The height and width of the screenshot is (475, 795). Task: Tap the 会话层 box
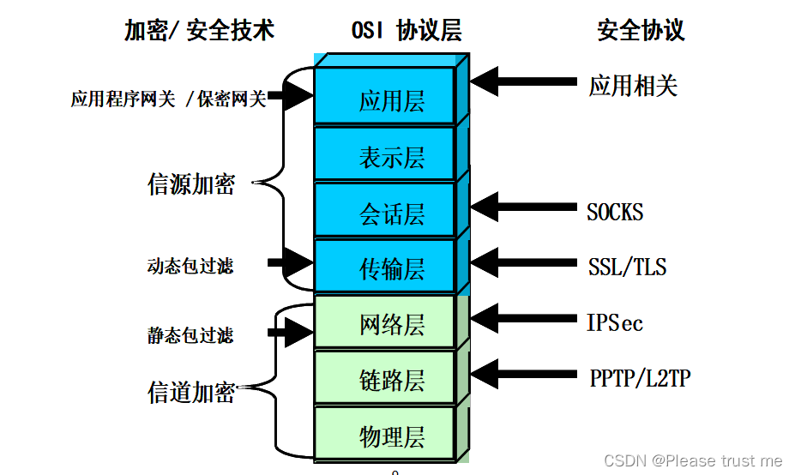tap(391, 211)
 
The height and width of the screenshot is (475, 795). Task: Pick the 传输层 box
tap(391, 267)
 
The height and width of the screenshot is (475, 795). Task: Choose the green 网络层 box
tap(391, 323)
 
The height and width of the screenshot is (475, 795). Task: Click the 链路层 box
tap(391, 379)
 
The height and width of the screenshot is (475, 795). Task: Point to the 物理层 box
tap(391, 435)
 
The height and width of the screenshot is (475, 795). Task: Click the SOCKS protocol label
tap(615, 212)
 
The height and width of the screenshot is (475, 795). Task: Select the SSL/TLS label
tap(627, 267)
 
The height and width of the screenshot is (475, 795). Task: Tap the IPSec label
tap(615, 322)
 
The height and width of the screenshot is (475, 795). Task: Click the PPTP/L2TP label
tap(640, 377)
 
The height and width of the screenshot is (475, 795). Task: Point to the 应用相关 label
tap(633, 86)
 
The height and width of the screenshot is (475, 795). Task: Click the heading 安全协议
tap(641, 31)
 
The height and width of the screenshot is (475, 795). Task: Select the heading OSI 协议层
tap(407, 31)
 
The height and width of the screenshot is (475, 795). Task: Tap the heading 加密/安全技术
tap(199, 31)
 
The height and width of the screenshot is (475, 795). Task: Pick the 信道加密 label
tap(191, 392)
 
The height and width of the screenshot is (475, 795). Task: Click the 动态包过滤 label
tap(190, 267)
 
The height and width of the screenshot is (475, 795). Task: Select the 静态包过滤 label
tap(190, 335)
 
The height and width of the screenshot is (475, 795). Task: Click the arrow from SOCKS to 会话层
tap(523, 206)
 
